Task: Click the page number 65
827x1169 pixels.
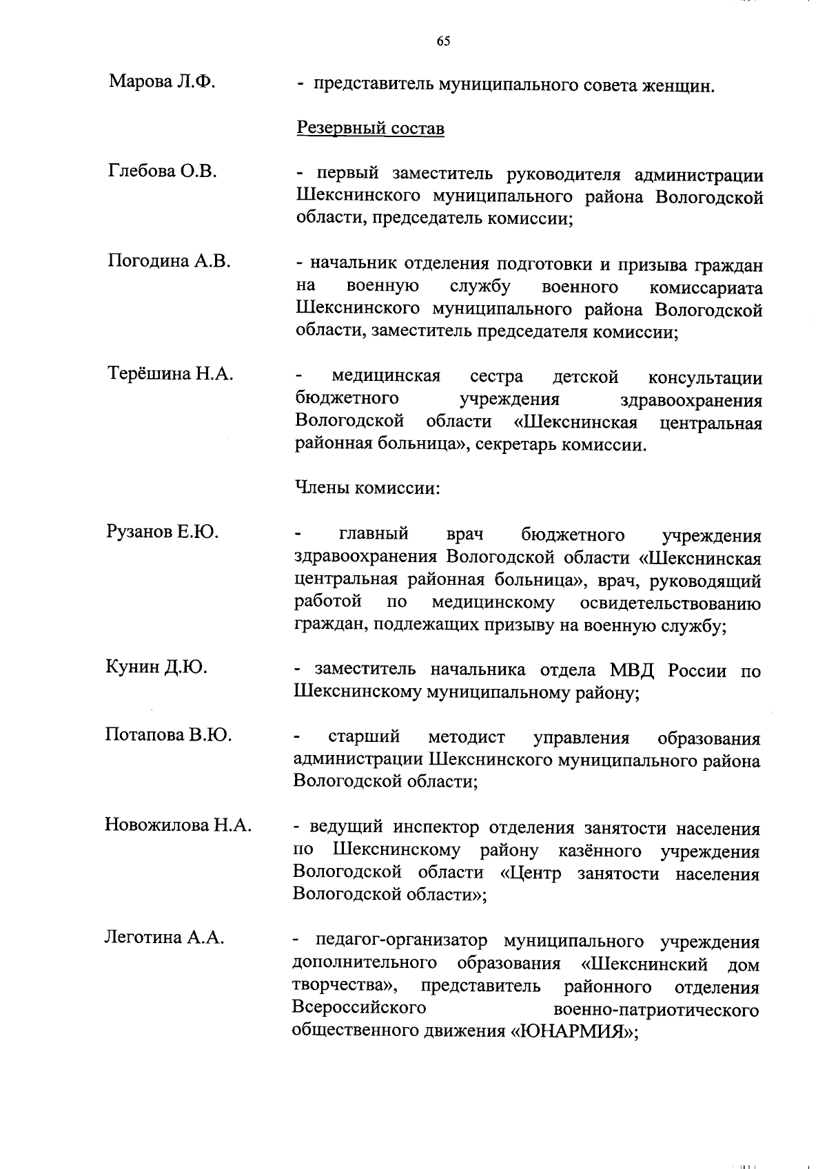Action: pyautogui.click(x=443, y=42)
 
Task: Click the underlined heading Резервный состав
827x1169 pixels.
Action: pyautogui.click(x=370, y=129)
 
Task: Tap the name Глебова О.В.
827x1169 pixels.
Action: pyautogui.click(x=163, y=171)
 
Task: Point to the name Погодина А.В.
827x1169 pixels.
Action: pyautogui.click(x=169, y=261)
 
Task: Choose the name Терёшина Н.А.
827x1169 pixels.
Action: pyautogui.click(x=170, y=374)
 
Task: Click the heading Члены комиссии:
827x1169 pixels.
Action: pyautogui.click(x=367, y=488)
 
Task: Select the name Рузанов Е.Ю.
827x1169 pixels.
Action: pyautogui.click(x=162, y=531)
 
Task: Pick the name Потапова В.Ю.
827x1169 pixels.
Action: pyautogui.click(x=168, y=734)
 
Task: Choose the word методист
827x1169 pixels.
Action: pyautogui.click(x=467, y=738)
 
